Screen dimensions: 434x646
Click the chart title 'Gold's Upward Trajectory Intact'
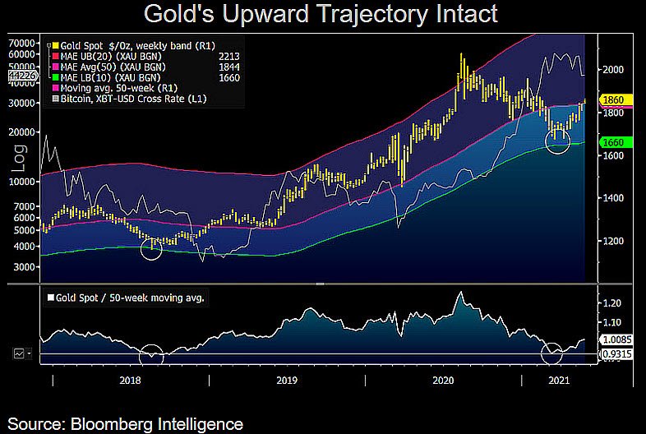[321, 14]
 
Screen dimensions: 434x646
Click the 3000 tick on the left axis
[25, 268]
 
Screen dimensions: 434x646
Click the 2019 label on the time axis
[286, 381]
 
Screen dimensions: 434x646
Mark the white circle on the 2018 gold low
[151, 247]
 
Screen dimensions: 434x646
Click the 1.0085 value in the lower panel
[616, 337]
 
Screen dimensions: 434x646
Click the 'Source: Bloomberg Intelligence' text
[126, 423]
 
